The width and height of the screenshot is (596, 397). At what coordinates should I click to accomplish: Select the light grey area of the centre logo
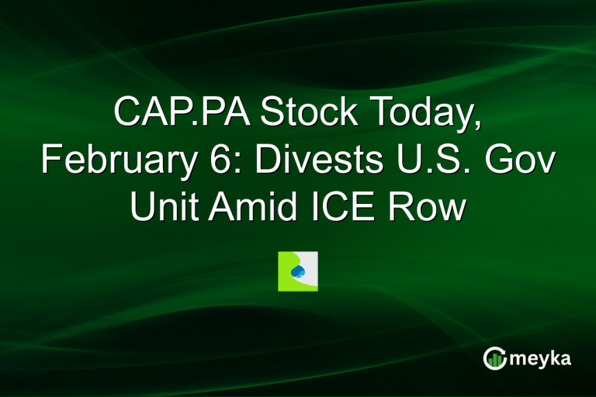310,261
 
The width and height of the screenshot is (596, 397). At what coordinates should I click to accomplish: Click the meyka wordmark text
539,358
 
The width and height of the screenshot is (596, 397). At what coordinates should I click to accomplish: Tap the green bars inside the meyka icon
494,360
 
